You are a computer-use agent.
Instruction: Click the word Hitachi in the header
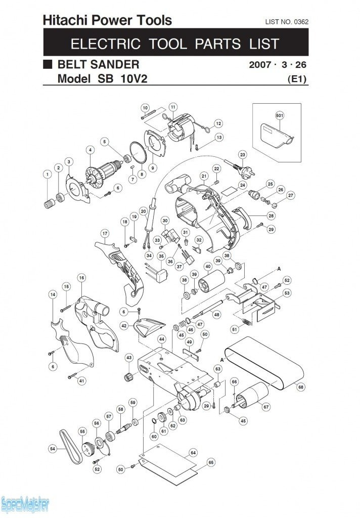pyautogui.click(x=62, y=20)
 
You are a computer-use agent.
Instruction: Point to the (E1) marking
pyautogui.click(x=297, y=79)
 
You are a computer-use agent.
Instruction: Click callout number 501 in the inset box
pyautogui.click(x=280, y=115)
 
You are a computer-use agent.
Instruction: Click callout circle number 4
pyautogui.click(x=90, y=149)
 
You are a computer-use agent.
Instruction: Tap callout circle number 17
pyautogui.click(x=105, y=233)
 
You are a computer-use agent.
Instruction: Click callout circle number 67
pyautogui.click(x=266, y=406)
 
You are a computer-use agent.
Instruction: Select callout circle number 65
pyautogui.click(x=211, y=462)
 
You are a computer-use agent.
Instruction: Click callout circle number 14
pyautogui.click(x=52, y=294)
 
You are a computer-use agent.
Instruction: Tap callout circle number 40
pyautogui.click(x=207, y=266)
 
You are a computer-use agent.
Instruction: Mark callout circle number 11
pyautogui.click(x=173, y=107)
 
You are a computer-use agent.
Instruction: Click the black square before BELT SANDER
pyautogui.click(x=48, y=65)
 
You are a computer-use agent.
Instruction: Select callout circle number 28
pyautogui.click(x=271, y=215)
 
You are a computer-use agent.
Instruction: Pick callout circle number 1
pyautogui.click(x=47, y=175)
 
